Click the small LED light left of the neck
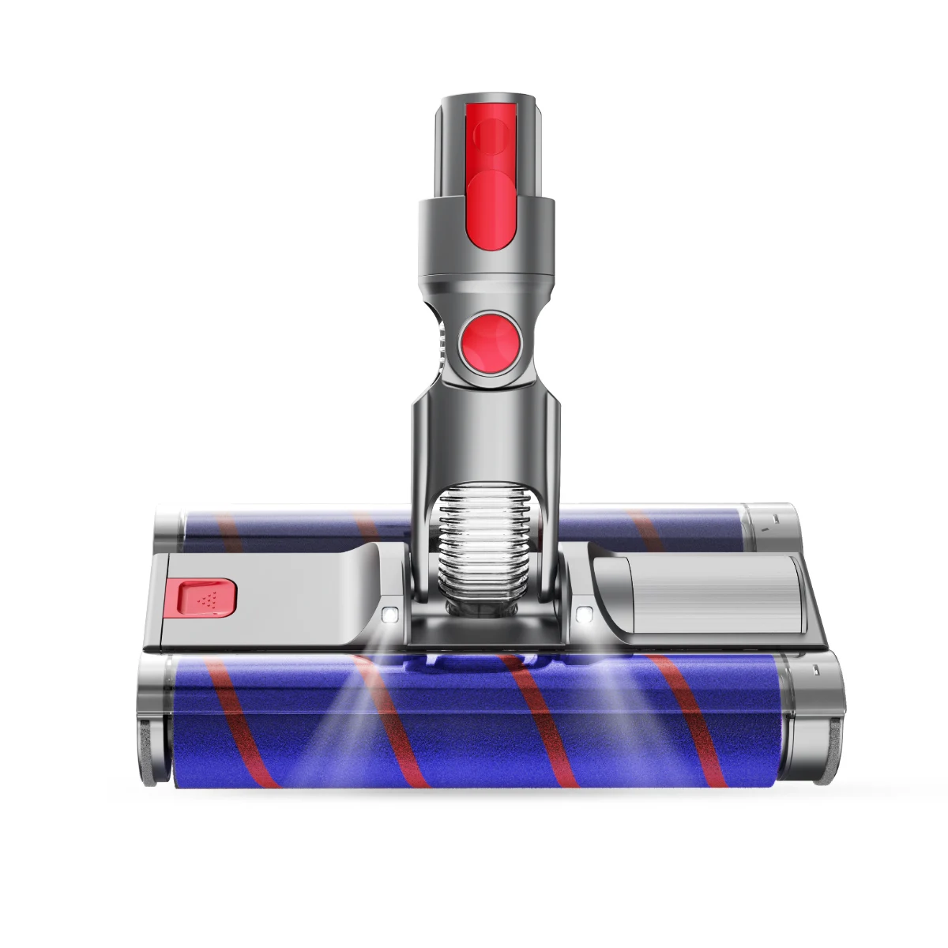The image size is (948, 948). (389, 614)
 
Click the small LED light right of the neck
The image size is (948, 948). (585, 612)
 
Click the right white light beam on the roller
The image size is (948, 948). (624, 695)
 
